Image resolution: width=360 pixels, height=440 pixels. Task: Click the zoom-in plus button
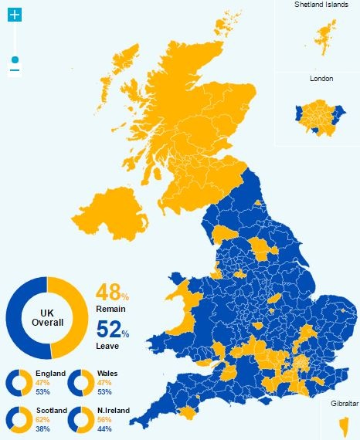tap(15, 15)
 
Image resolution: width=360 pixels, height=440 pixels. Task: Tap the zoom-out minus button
tap(15, 71)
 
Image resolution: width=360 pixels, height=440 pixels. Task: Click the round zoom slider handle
tap(15, 59)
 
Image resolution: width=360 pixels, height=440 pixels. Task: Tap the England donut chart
tap(19, 383)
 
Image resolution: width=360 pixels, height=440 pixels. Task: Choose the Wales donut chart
tap(80, 383)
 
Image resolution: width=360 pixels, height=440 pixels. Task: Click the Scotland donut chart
tap(19, 419)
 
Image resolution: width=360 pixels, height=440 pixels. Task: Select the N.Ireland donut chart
tap(80, 419)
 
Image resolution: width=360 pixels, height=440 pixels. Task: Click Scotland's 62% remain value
tap(42, 419)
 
